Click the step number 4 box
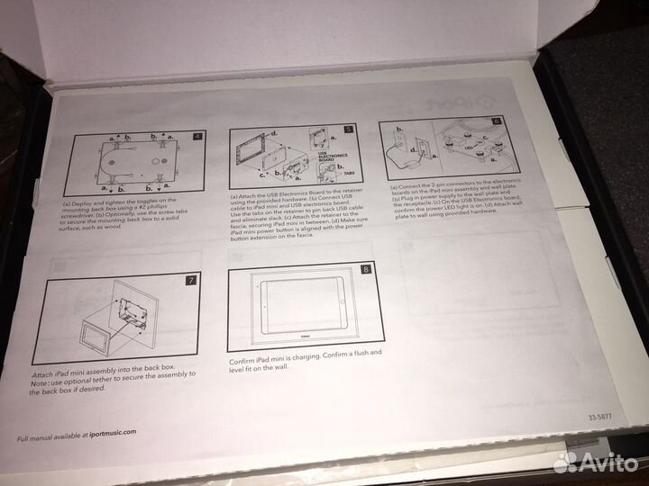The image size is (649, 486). (x=197, y=137)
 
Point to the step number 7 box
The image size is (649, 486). (x=189, y=279)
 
